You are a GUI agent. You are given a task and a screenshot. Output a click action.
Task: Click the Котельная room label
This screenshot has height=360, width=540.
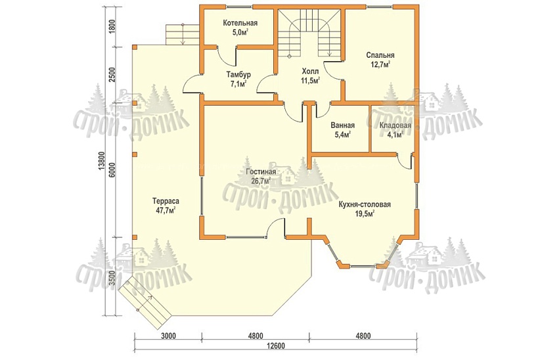click(x=240, y=23)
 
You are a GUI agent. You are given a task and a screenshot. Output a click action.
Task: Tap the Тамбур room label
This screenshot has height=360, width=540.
click(x=238, y=74)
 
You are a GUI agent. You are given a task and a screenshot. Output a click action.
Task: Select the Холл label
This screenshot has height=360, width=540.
click(x=310, y=72)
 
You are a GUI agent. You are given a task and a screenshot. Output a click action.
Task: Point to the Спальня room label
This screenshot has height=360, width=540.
click(x=380, y=55)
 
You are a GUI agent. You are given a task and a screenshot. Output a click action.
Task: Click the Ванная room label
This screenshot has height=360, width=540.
click(x=343, y=125)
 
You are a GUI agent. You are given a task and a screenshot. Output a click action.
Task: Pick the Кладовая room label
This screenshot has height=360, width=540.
click(x=395, y=125)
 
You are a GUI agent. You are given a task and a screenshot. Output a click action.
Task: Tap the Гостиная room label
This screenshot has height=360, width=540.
click(x=261, y=172)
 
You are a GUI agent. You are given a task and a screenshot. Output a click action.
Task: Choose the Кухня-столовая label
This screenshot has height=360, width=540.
click(x=365, y=204)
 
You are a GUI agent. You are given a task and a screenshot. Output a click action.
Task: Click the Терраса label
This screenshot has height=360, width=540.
click(x=166, y=201)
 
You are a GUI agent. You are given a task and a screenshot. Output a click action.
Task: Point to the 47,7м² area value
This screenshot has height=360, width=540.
click(x=166, y=210)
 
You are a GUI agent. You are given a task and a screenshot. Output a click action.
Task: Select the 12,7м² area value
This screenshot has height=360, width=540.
click(x=380, y=64)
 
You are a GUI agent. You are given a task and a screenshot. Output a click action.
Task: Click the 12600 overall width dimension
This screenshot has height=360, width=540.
click(x=275, y=346)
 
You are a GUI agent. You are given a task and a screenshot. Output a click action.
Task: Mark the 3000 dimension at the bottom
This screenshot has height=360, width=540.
click(x=168, y=336)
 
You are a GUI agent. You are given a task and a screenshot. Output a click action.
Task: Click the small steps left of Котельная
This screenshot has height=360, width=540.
click(x=183, y=34)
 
